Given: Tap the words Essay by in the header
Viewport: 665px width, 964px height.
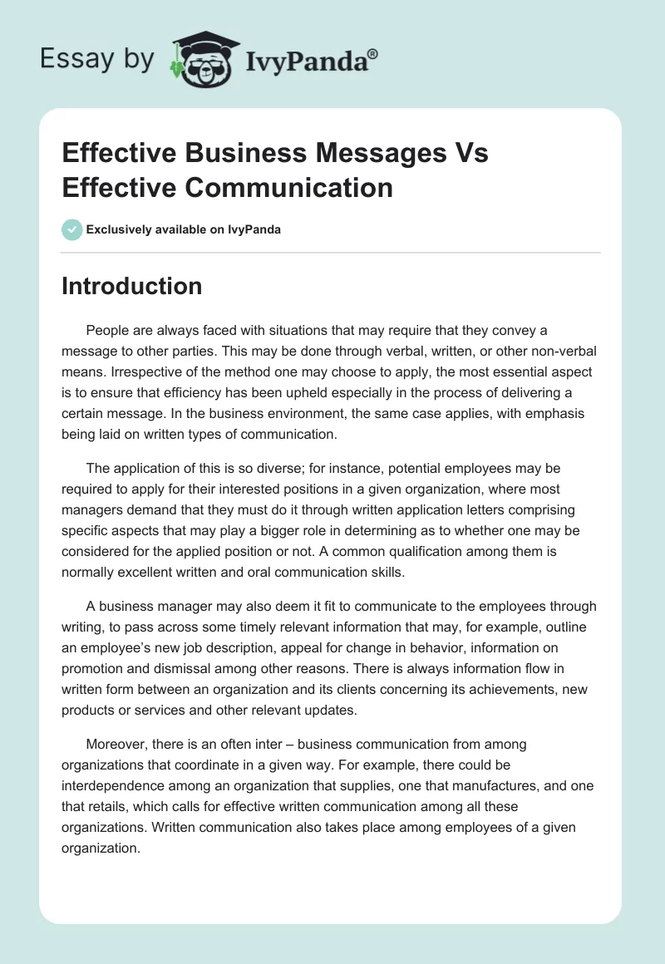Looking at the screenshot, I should click(x=96, y=58).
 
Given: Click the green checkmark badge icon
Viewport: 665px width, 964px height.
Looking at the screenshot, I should click(x=72, y=229).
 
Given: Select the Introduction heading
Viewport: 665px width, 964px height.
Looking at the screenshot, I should click(x=131, y=286).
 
